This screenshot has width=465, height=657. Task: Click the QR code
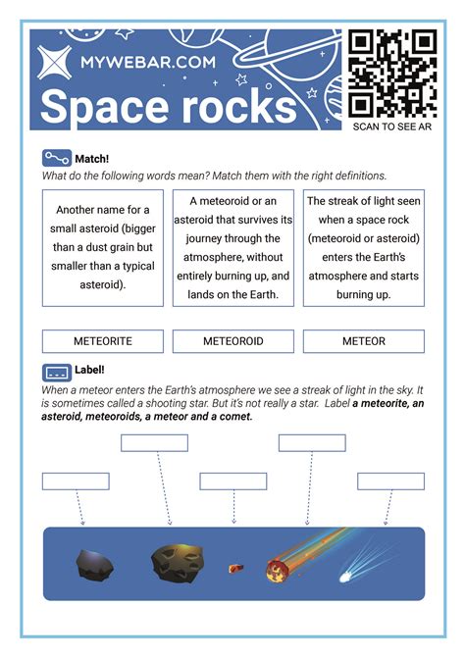pyautogui.click(x=392, y=74)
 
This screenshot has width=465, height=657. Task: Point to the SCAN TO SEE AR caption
pyautogui.click(x=392, y=126)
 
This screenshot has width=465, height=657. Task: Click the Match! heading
pyautogui.click(x=91, y=158)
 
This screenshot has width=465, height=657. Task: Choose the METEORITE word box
pyautogui.click(x=103, y=341)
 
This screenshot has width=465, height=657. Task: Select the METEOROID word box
pyautogui.click(x=233, y=341)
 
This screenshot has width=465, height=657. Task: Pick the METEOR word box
pyautogui.click(x=364, y=341)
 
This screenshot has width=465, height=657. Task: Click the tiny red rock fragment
pyautogui.click(x=234, y=567)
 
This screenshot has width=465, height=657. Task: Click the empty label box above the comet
pyautogui.click(x=390, y=481)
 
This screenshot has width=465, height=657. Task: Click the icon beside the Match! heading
pyautogui.click(x=57, y=158)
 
